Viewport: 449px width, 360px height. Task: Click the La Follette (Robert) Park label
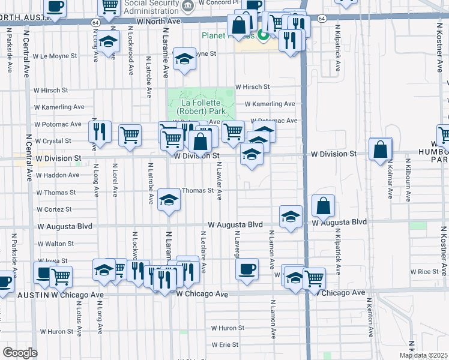tap(201, 107)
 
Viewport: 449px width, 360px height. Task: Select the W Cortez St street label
tap(54, 210)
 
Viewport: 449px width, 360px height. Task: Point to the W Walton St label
tap(55, 244)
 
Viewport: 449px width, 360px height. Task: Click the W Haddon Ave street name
tap(57, 175)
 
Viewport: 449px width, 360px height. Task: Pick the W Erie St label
tap(225, 345)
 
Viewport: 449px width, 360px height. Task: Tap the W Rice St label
tap(429, 272)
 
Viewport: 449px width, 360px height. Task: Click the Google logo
tap(19, 353)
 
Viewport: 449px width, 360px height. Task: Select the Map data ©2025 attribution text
tap(423, 355)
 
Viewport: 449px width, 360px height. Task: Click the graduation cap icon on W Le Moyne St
tap(184, 59)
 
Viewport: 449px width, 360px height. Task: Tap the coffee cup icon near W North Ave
tap(55, 7)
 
